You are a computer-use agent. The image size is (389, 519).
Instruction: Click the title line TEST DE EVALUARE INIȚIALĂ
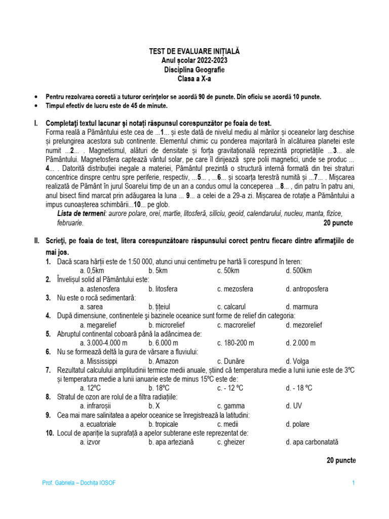click(194, 52)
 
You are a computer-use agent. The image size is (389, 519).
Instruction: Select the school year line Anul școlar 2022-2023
click(194, 60)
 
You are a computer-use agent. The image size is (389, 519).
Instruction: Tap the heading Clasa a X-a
click(194, 79)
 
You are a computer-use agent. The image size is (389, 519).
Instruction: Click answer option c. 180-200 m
click(236, 343)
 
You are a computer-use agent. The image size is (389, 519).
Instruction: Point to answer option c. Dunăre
click(231, 361)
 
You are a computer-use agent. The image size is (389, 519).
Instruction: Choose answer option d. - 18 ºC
click(299, 388)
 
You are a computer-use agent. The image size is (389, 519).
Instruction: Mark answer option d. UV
click(294, 406)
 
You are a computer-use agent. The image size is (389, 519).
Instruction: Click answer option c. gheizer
click(231, 442)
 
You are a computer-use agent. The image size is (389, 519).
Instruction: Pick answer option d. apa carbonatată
click(312, 442)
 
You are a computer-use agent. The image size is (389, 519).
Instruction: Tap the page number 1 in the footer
click(353, 483)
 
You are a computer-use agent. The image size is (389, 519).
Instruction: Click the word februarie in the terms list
click(70, 223)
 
